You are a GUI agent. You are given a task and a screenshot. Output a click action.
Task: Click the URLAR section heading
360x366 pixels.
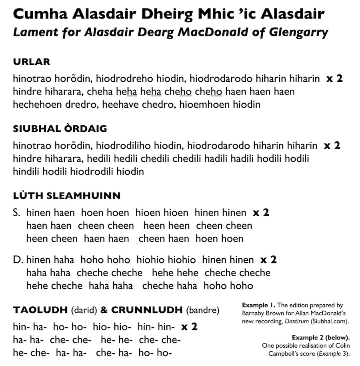(x=32, y=62)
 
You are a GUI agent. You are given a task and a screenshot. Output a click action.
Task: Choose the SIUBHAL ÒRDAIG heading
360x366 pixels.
(x=60, y=129)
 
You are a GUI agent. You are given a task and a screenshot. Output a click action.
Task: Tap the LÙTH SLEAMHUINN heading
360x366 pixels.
(x=67, y=196)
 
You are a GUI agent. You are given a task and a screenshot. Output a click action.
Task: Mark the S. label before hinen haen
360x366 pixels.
(x=17, y=213)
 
